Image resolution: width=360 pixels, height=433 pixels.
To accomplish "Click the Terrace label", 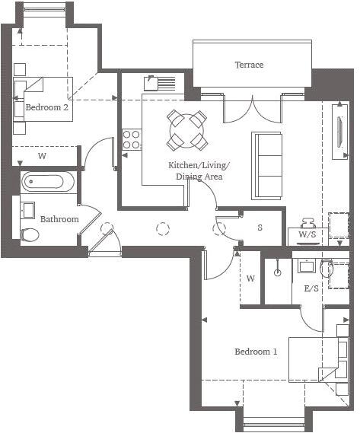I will (x=249, y=65).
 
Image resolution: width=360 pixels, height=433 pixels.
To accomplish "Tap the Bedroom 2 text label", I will (x=47, y=108).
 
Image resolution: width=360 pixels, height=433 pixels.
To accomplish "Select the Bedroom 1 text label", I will (x=256, y=352).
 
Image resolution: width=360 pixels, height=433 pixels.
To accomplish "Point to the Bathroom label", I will (x=59, y=219).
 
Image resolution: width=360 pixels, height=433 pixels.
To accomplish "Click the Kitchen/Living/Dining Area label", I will (x=199, y=170).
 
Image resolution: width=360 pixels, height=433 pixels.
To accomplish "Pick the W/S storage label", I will (x=307, y=235).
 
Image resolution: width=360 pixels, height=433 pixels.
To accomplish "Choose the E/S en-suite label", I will (x=311, y=289).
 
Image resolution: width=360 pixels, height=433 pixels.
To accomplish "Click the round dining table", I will (x=187, y=129).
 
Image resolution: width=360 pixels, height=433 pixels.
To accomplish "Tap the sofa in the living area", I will (x=267, y=164).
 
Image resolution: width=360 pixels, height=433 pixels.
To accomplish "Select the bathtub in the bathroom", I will (x=48, y=182).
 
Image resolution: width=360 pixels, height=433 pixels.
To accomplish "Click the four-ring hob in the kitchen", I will (x=131, y=140).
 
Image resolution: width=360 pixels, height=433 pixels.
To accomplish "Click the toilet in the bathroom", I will (x=30, y=234).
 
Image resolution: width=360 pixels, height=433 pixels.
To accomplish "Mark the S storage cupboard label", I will (x=260, y=228).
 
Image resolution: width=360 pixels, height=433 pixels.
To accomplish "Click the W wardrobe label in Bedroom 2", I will (x=43, y=156).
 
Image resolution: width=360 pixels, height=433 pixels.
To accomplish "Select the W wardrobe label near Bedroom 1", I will (x=250, y=279).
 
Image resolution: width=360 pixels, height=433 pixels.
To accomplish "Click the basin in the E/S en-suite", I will (x=307, y=266).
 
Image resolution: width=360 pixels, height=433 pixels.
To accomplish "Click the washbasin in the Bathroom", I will (x=29, y=209).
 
